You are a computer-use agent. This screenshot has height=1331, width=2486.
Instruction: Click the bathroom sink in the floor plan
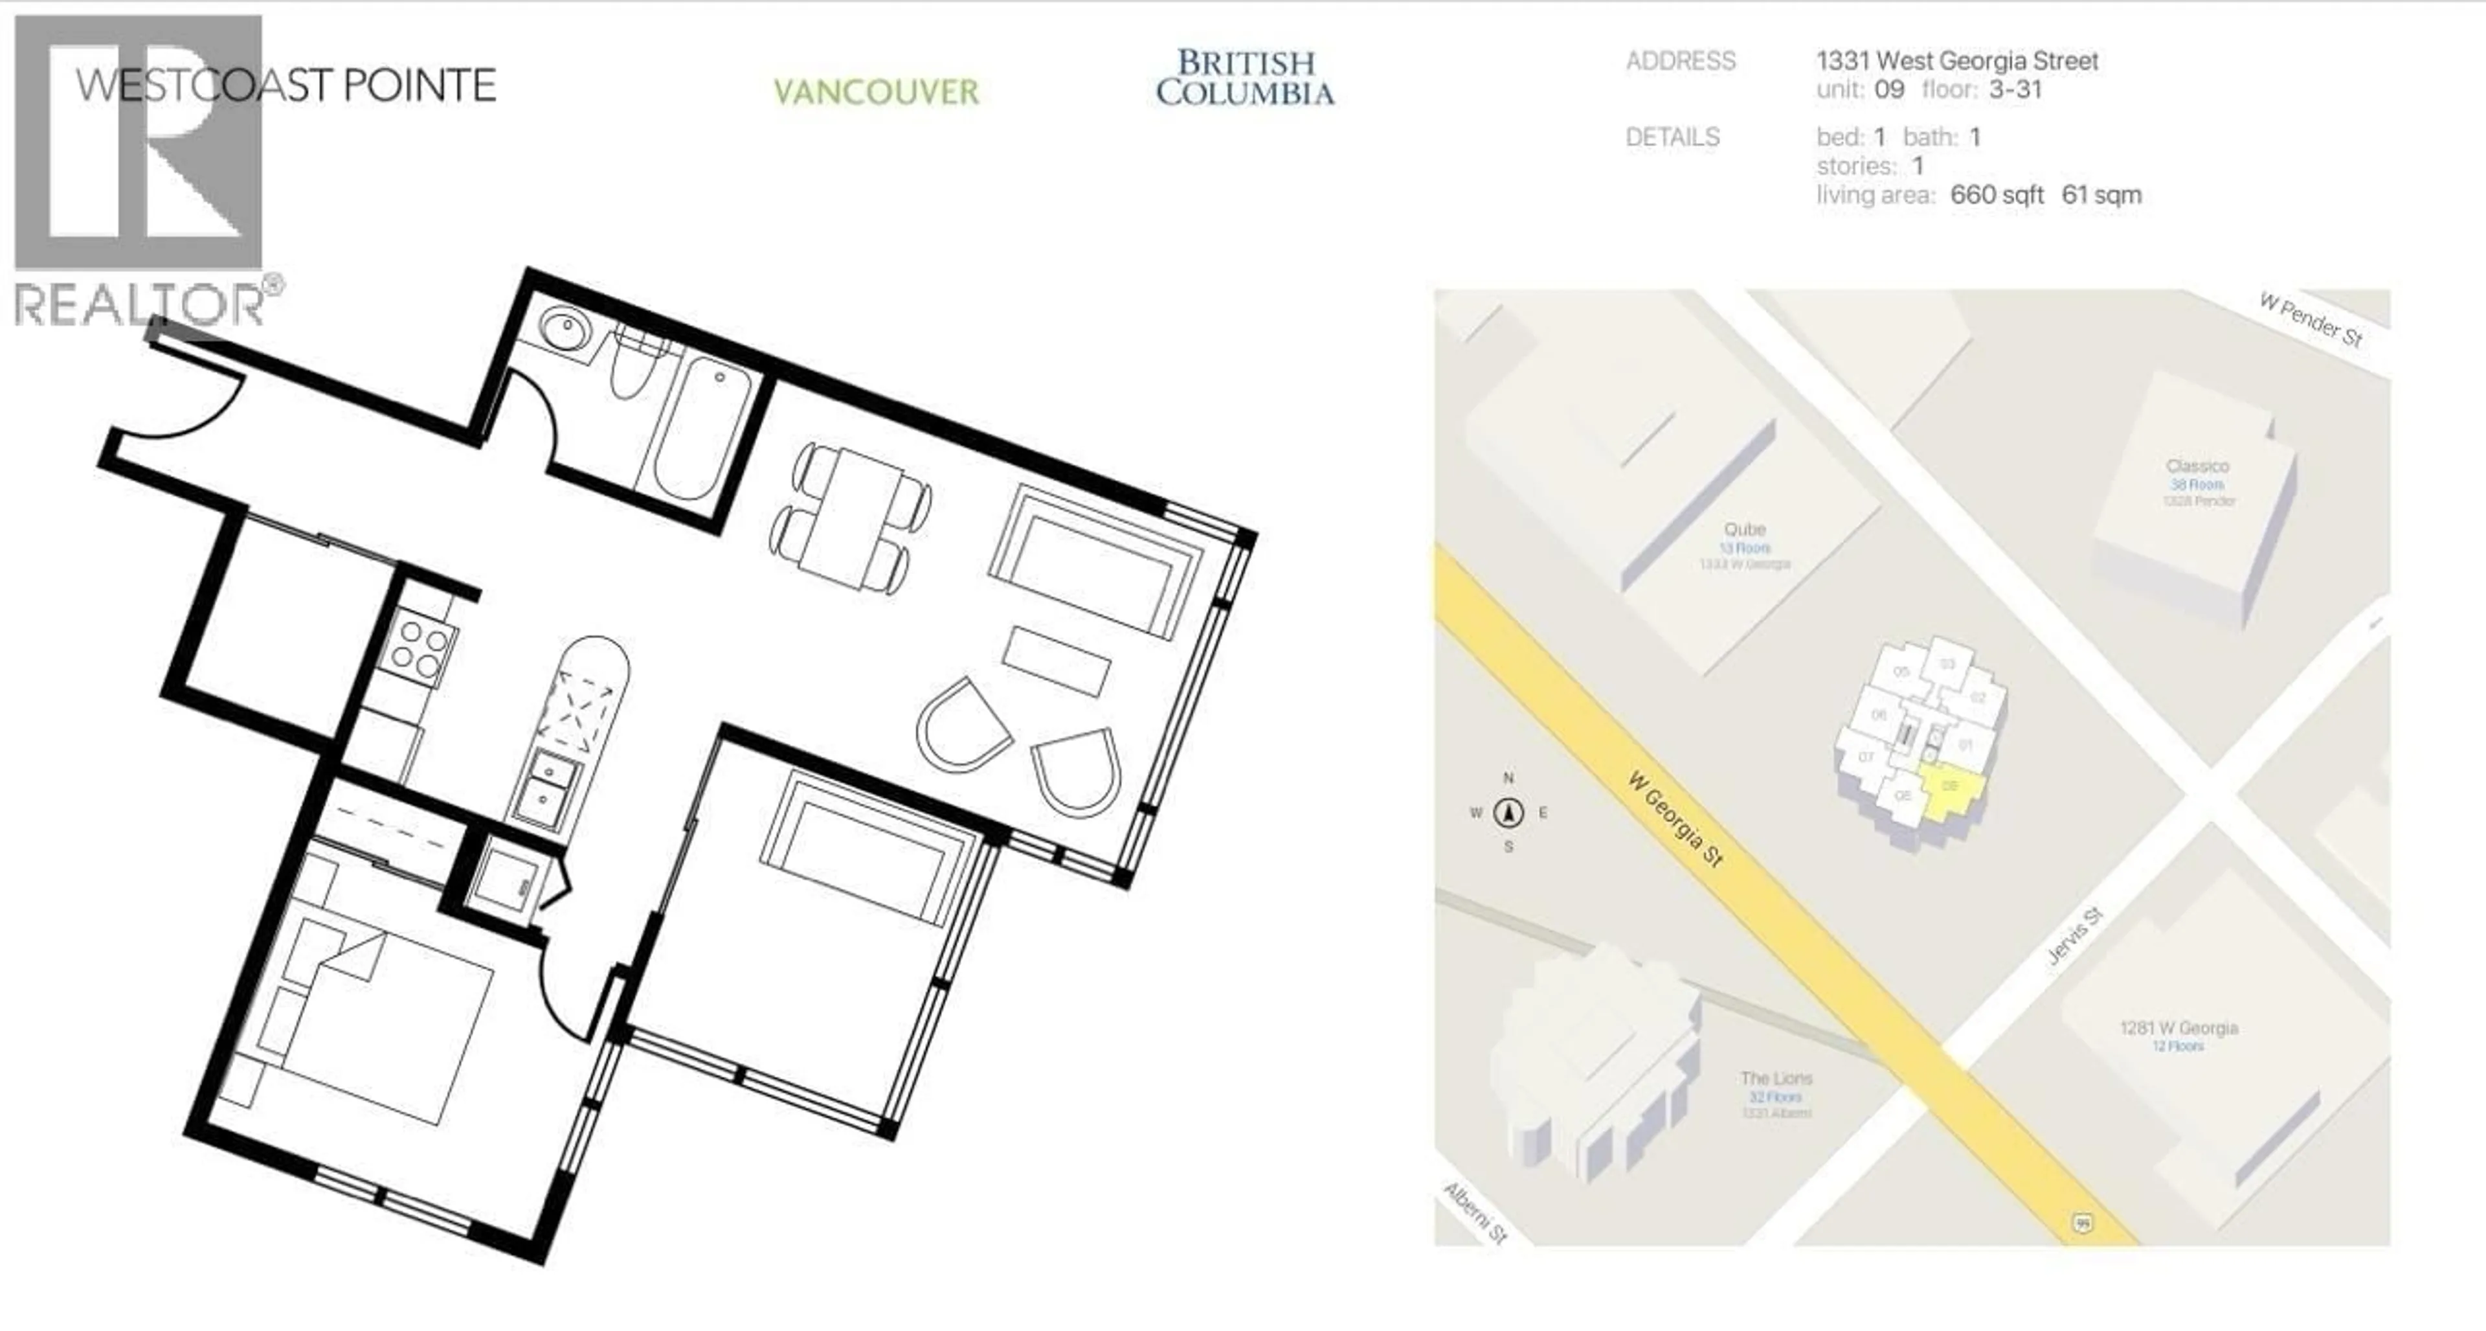(562, 328)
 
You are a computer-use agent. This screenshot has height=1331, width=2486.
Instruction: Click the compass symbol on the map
(1509, 813)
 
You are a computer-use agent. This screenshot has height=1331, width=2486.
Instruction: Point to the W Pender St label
(2311, 319)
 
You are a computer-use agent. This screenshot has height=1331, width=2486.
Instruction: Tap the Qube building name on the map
(1745, 529)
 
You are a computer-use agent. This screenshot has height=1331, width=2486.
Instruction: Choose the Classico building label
(2197, 466)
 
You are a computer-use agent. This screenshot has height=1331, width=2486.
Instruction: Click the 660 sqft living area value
(1997, 195)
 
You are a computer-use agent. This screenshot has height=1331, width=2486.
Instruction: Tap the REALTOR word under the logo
(140, 305)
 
